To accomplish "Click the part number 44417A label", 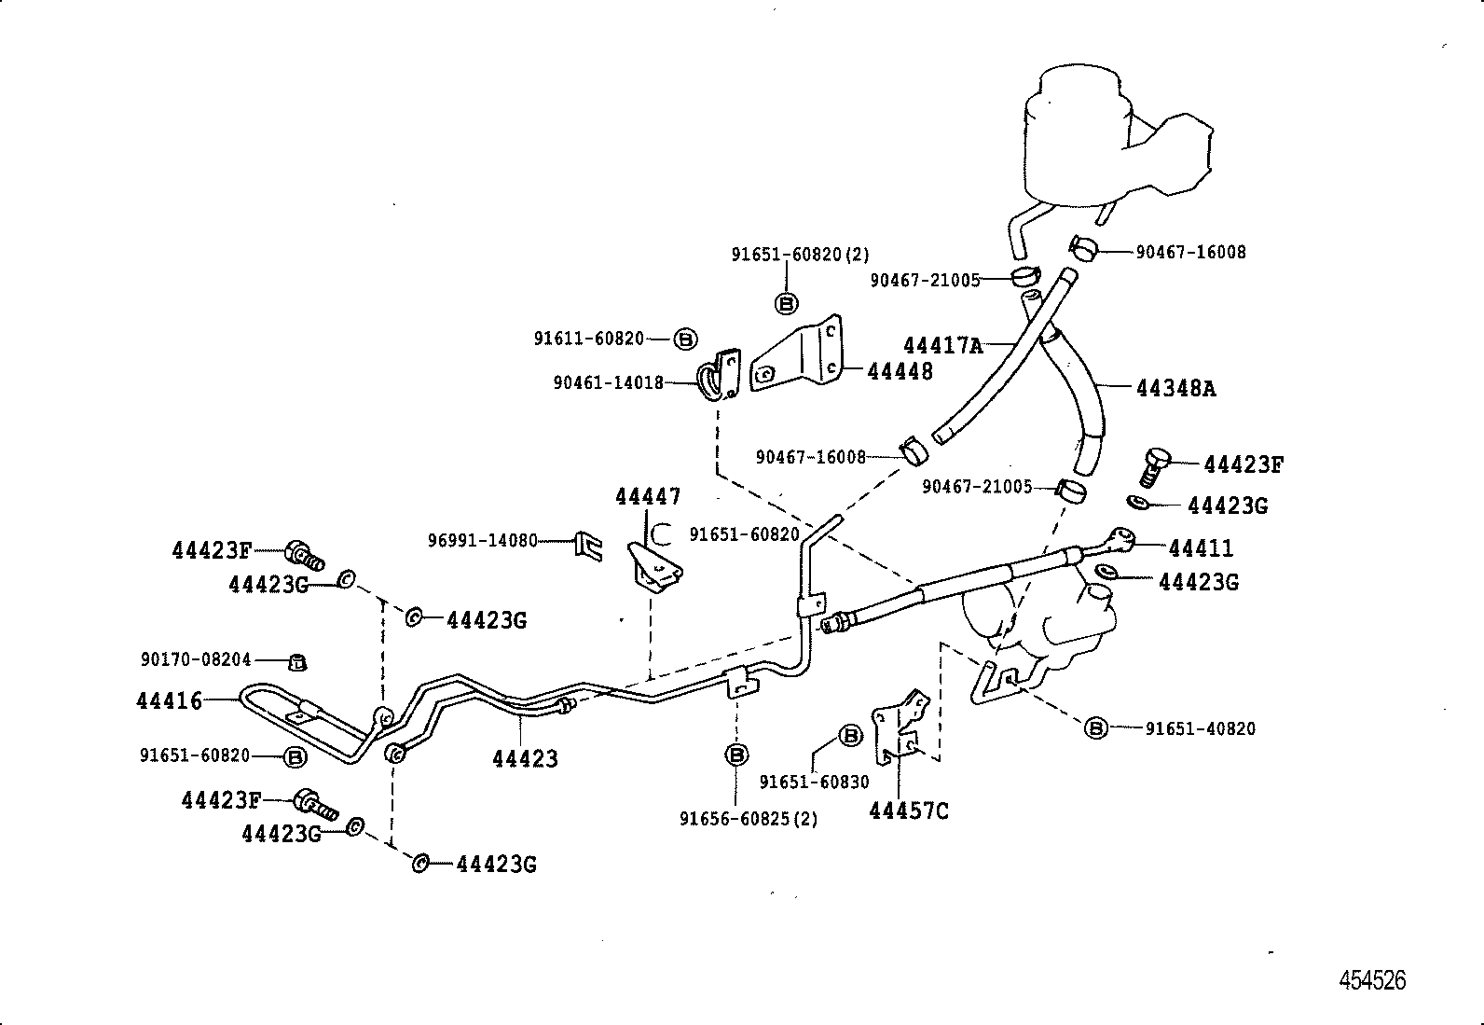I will click(942, 346).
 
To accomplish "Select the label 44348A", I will click(1175, 388).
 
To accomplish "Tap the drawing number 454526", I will click(1372, 980).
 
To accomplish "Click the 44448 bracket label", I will click(900, 371).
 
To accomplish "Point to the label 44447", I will click(647, 496).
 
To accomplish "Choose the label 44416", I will click(169, 700).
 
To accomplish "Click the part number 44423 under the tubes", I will click(525, 759).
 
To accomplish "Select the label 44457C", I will click(908, 811).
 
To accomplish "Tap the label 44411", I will click(1201, 547).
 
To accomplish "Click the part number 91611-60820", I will click(588, 339).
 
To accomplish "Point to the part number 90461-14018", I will click(608, 382).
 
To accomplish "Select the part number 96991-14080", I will click(482, 540).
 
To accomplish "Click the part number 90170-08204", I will click(196, 659).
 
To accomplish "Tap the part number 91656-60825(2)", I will click(749, 819).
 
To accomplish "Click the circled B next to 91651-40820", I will click(1096, 728).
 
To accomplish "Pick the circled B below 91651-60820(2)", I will click(787, 303).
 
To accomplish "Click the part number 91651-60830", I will click(814, 783).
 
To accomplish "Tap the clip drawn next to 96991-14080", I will click(586, 544).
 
